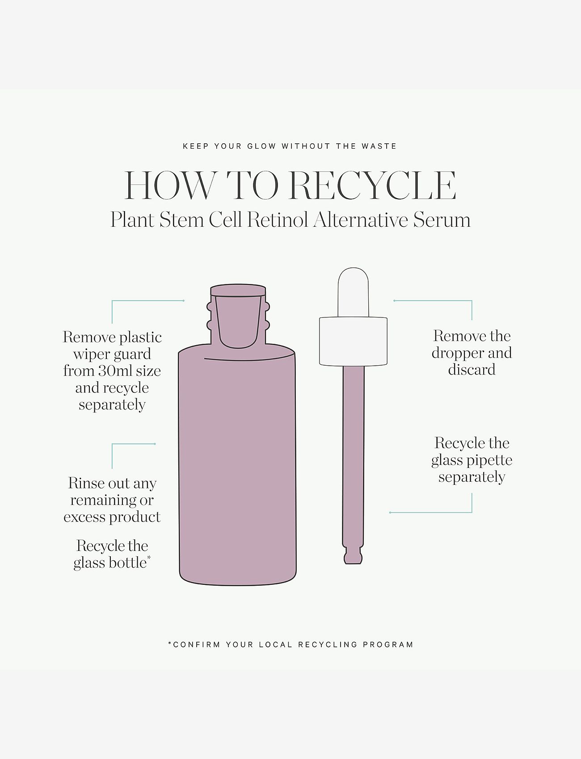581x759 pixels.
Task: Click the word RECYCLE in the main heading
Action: pyautogui.click(x=373, y=185)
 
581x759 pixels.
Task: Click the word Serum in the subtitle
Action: pyautogui.click(x=442, y=220)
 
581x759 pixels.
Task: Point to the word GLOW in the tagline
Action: pyautogui.click(x=261, y=146)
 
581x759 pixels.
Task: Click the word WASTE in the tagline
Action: pyautogui.click(x=379, y=146)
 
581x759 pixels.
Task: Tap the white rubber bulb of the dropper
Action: pyautogui.click(x=353, y=292)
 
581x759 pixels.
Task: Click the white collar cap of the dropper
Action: pyautogui.click(x=353, y=342)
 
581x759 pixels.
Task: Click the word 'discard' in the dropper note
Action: pyautogui.click(x=472, y=370)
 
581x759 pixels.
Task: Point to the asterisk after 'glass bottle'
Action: pyautogui.click(x=149, y=558)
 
